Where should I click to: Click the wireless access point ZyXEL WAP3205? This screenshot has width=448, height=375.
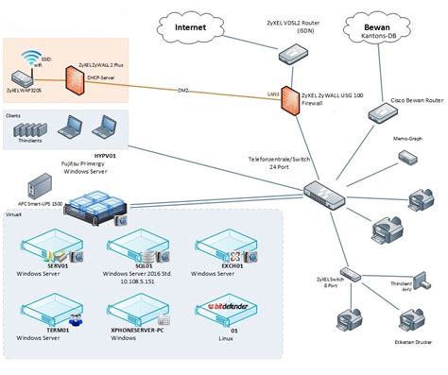pos(23,75)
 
